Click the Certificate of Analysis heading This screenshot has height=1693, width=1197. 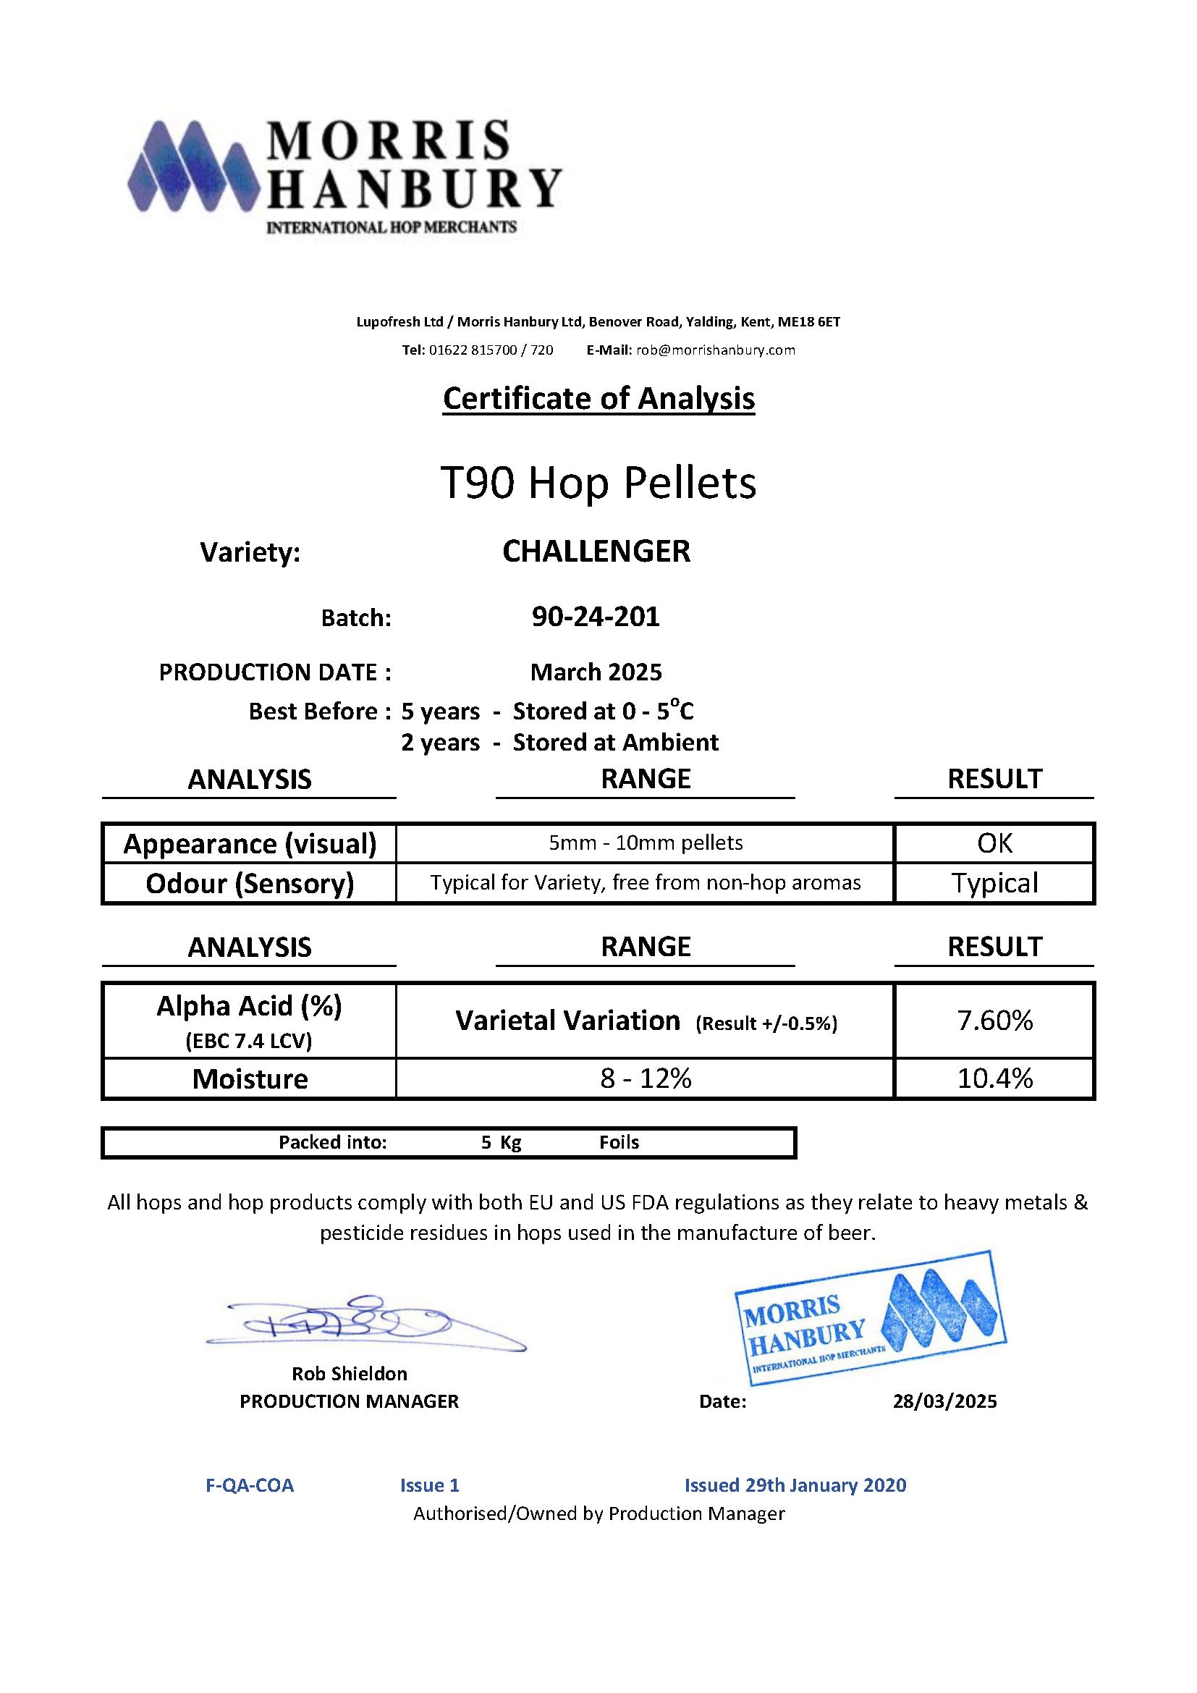coord(598,399)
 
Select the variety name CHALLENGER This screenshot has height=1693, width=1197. coord(596,552)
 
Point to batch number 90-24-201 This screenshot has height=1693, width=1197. coord(596,617)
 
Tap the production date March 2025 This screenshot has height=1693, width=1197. coord(596,672)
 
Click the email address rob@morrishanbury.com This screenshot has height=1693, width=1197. coord(716,350)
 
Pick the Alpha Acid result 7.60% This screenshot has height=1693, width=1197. coord(994,1021)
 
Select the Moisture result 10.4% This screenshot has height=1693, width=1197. coord(994,1078)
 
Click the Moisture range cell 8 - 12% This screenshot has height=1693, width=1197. coord(646,1078)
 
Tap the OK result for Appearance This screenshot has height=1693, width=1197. coord(994,843)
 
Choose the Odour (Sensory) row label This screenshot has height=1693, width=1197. coord(250,883)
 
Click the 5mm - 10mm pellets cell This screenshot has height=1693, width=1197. coord(646,843)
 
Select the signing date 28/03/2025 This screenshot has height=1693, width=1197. coord(944,1401)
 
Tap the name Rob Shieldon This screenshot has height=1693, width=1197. coord(350,1373)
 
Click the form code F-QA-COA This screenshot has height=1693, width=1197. coord(249,1485)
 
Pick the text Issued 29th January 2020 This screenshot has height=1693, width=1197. coord(795,1485)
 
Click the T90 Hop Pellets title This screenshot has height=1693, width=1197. coord(598,484)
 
